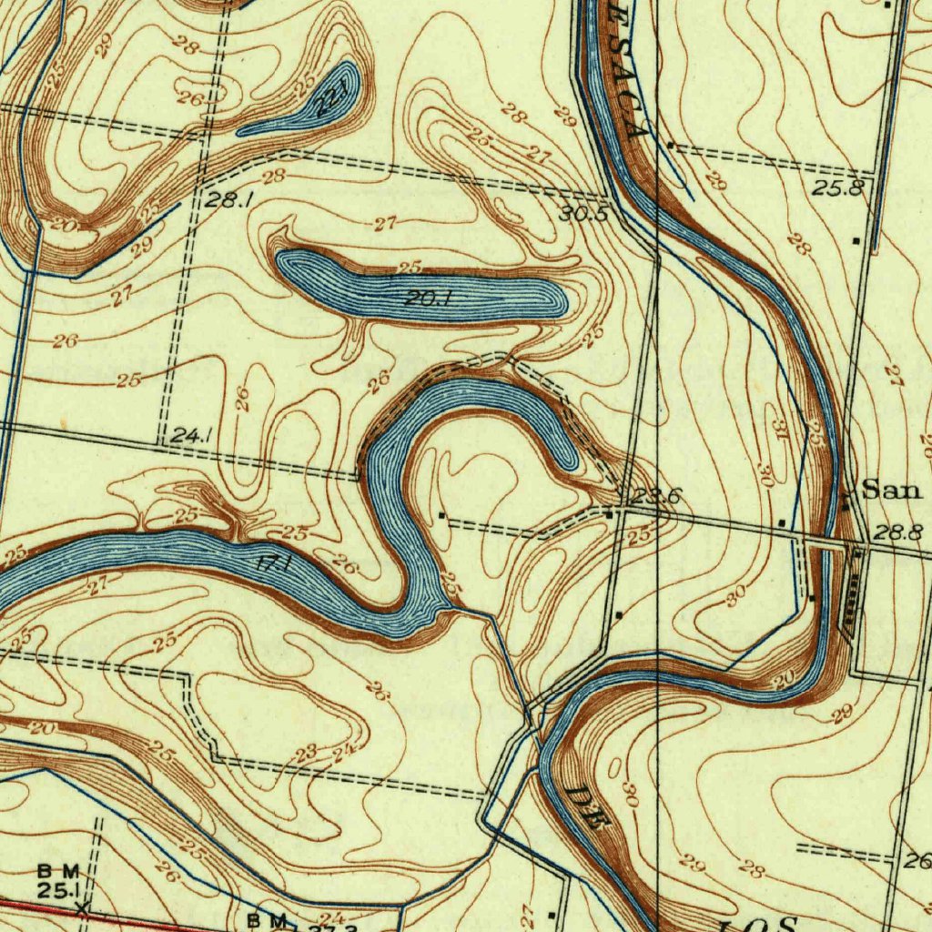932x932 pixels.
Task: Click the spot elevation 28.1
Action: point(223,199)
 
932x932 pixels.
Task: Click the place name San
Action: point(892,491)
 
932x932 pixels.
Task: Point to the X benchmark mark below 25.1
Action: point(82,907)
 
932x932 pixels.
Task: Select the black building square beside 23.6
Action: point(609,514)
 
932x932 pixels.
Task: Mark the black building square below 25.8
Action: point(856,241)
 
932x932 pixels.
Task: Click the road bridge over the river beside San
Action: point(837,543)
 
